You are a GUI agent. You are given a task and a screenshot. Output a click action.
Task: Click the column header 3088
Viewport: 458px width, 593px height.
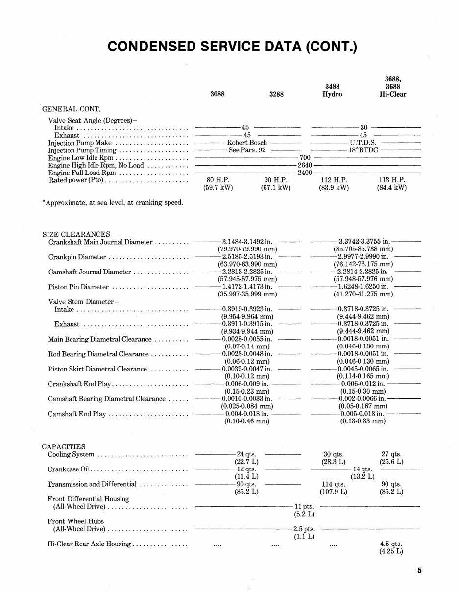pos(217,94)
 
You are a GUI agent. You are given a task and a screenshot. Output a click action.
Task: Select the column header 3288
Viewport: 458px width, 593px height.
pos(276,94)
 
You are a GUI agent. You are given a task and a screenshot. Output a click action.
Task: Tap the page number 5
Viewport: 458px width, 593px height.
pos(420,570)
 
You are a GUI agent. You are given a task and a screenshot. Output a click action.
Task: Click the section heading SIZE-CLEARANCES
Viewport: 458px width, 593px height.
pos(76,234)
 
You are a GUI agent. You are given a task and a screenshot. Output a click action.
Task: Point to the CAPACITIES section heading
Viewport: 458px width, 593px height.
pos(64,446)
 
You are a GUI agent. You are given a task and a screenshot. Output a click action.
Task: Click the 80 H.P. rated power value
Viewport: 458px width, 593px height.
pos(217,180)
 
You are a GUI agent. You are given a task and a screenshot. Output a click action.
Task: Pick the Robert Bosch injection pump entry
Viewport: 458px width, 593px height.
pos(247,143)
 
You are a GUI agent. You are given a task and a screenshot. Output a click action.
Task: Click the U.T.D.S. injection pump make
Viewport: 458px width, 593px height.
pos(363,143)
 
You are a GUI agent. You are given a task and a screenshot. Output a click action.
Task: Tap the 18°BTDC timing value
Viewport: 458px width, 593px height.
pos(363,150)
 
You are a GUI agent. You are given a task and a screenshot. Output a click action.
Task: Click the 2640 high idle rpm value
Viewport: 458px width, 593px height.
pos(305,165)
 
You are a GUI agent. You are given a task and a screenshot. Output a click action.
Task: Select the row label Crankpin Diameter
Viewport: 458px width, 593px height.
pos(77,257)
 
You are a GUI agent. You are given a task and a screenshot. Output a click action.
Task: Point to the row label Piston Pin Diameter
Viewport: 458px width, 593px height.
pos(78,287)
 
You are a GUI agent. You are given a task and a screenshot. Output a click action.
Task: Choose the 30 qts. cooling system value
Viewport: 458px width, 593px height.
pos(334,454)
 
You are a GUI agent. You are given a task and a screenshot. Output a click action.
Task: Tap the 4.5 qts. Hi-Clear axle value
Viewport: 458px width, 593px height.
pos(391,544)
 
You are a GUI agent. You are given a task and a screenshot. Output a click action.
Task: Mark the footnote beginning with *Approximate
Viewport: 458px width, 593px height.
pos(113,202)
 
